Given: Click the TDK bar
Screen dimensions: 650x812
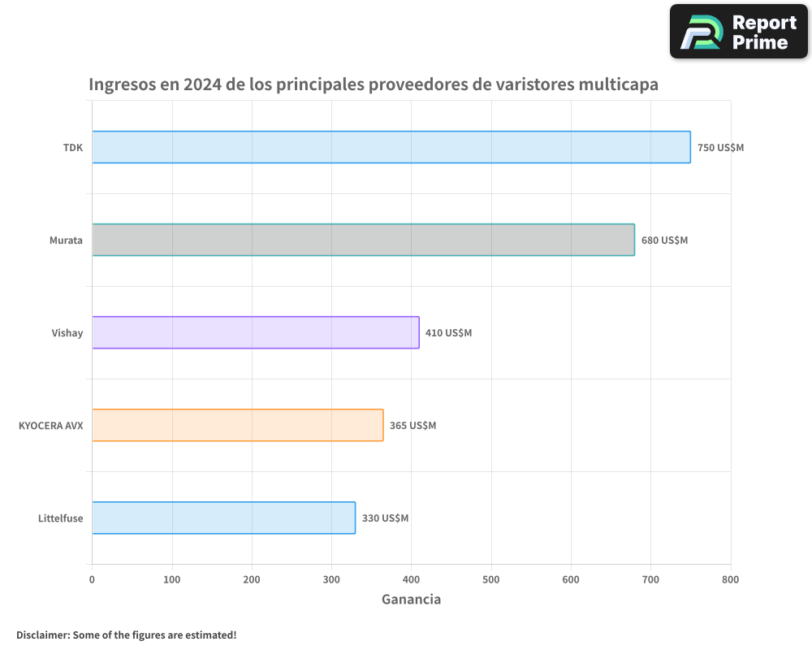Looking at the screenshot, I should [391, 147].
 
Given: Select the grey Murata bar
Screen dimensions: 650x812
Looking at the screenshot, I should [363, 240].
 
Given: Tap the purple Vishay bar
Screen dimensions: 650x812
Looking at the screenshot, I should [255, 332].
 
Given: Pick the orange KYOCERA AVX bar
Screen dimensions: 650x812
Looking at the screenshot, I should [237, 425].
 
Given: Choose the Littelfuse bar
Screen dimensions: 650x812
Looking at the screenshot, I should [223, 518].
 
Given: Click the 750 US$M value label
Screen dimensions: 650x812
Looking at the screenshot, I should [720, 148].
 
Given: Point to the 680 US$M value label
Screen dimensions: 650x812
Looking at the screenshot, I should [664, 240].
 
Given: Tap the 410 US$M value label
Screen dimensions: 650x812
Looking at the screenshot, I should [448, 333].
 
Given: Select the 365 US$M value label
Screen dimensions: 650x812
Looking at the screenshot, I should [412, 426].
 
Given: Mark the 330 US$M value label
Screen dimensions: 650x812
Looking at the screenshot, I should [385, 518].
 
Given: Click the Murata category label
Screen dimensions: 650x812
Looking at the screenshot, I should [66, 240].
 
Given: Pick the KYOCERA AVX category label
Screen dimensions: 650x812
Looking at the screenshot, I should [50, 426].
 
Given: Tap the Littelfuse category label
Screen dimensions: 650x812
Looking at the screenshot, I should [60, 518].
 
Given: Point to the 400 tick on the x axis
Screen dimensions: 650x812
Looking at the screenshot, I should [411, 579].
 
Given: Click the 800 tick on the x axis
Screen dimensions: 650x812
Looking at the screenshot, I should [730, 579].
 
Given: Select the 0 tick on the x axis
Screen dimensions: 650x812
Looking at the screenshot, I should [92, 579].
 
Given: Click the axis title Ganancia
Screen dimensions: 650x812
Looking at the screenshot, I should [411, 600].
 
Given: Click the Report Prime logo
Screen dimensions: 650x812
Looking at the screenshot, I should [739, 32].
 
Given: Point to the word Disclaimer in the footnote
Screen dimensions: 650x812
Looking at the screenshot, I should [42, 635].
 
